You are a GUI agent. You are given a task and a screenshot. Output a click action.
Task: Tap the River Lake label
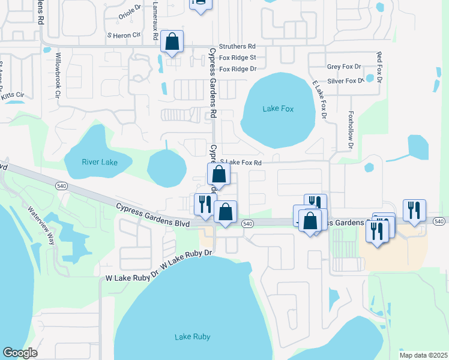(x=99, y=162)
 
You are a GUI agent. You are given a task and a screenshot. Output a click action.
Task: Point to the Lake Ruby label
(x=192, y=337)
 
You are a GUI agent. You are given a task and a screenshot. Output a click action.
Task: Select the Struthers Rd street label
(x=237, y=46)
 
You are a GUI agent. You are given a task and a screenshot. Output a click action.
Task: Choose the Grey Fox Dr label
(x=344, y=67)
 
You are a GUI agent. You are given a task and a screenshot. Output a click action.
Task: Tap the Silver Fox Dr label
(x=345, y=81)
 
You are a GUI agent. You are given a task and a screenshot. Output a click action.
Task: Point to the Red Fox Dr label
(x=379, y=67)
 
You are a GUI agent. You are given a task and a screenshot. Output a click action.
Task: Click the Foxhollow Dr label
(x=351, y=130)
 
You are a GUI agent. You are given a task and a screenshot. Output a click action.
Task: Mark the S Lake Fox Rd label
(x=241, y=162)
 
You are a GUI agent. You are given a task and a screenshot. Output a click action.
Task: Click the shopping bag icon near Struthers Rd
(x=172, y=42)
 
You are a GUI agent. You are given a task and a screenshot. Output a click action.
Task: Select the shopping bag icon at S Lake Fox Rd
(x=219, y=175)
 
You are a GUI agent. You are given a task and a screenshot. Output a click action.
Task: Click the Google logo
(x=20, y=353)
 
